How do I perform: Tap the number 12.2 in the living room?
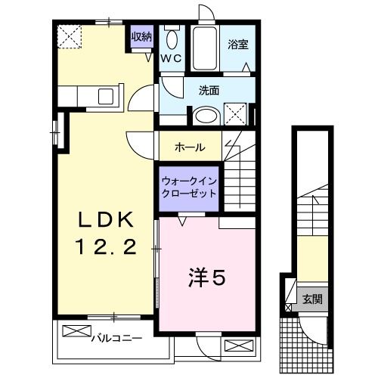click(x=106, y=247)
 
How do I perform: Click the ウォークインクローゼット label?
click(x=188, y=187)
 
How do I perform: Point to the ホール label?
click(x=189, y=147)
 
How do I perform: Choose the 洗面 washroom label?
click(x=209, y=90)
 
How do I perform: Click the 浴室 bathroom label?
click(x=237, y=44)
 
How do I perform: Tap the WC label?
click(x=169, y=57)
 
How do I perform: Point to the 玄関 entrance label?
click(x=311, y=299)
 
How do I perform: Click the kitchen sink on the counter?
click(x=105, y=96)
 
